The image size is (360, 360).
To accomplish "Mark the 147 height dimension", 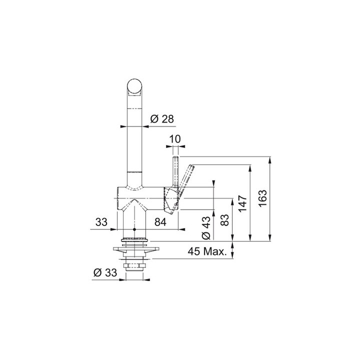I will (x=243, y=204).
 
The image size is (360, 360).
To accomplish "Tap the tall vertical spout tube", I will (x=134, y=140).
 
